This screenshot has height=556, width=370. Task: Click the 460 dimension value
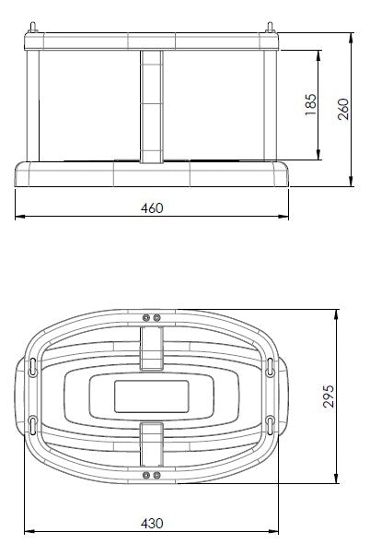(152, 208)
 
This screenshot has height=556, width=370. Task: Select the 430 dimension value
(152, 524)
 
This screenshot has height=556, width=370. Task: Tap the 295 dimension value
(329, 396)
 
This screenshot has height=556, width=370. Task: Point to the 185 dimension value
(310, 104)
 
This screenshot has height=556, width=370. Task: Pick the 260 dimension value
(343, 109)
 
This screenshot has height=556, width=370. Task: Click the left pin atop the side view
(33, 28)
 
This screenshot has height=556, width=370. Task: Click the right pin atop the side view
(270, 28)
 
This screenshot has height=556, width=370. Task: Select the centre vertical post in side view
(152, 106)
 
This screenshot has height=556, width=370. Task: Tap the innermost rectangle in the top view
(152, 396)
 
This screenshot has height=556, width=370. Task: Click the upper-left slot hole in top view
(32, 367)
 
